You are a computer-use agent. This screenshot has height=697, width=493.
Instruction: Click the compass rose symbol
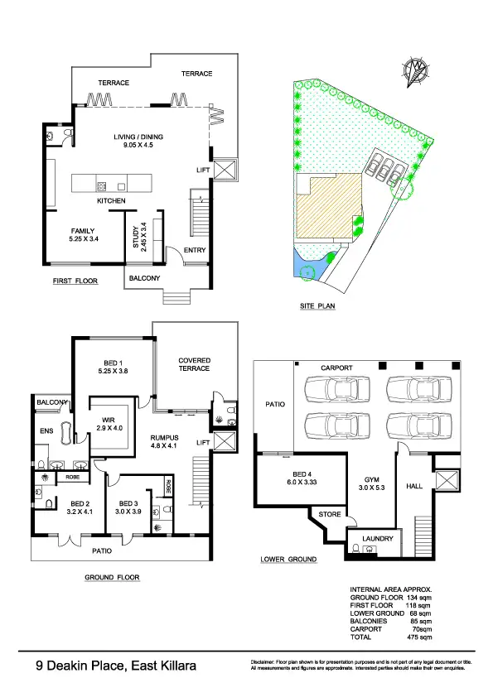click(418, 68)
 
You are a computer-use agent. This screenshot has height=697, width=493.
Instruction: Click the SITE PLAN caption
click(317, 305)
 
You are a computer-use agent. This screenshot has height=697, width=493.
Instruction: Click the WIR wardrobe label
click(109, 421)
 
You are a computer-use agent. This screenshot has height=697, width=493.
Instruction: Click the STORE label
click(331, 515)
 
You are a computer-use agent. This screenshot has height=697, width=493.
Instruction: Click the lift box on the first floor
click(225, 171)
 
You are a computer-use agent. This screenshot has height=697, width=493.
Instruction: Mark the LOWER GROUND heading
click(288, 560)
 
